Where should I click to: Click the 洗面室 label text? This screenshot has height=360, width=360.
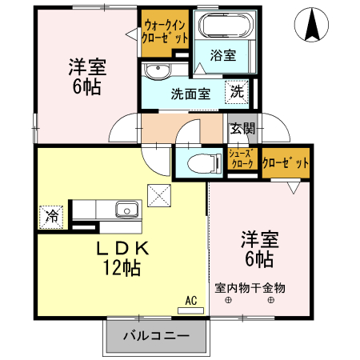click(x=190, y=93)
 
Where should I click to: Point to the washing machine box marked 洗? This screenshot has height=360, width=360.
click(x=238, y=92)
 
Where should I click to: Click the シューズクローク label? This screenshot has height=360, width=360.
click(x=242, y=158)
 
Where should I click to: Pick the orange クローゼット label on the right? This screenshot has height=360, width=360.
click(x=286, y=163)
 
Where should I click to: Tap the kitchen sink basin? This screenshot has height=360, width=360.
click(x=126, y=211)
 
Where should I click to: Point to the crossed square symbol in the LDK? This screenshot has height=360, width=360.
click(x=158, y=194)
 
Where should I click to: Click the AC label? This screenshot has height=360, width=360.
click(x=191, y=300)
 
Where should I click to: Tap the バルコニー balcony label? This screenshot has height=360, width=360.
click(x=156, y=336)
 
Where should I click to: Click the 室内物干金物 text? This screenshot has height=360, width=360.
click(x=249, y=286)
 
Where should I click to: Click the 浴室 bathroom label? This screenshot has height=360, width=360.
click(x=223, y=55)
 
